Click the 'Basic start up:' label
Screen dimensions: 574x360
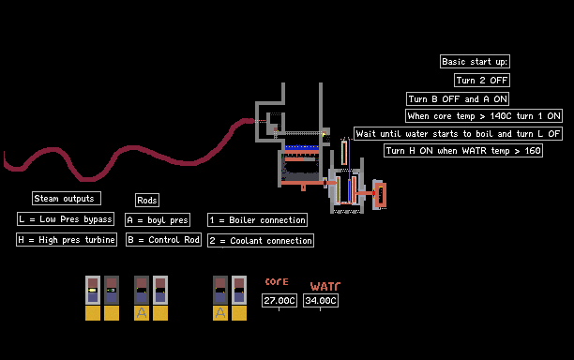coord(475,62)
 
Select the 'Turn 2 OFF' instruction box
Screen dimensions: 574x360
coord(482,80)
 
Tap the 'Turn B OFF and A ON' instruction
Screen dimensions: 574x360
coord(458,98)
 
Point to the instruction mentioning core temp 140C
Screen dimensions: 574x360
coord(484,116)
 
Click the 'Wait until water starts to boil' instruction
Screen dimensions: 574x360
coord(458,133)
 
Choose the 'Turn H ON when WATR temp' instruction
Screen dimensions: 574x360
coord(463,150)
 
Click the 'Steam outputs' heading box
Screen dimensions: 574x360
coord(67,199)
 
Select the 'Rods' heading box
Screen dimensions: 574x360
coord(147,200)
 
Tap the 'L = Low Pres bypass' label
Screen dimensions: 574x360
coord(66,218)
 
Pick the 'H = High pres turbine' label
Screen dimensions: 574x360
coord(67,240)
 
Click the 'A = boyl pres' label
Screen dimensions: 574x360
coord(158,220)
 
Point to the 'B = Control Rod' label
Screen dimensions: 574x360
coord(163,240)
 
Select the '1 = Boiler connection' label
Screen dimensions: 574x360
coord(257,220)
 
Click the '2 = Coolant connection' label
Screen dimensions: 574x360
coord(261,240)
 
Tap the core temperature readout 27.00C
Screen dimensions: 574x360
coord(279,300)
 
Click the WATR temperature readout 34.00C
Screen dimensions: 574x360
coord(321,300)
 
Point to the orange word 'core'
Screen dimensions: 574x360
coord(277,281)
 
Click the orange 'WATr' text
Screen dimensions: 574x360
coord(325,286)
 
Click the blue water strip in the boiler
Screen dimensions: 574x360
coord(302,147)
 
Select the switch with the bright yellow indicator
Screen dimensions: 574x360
coord(93,290)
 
